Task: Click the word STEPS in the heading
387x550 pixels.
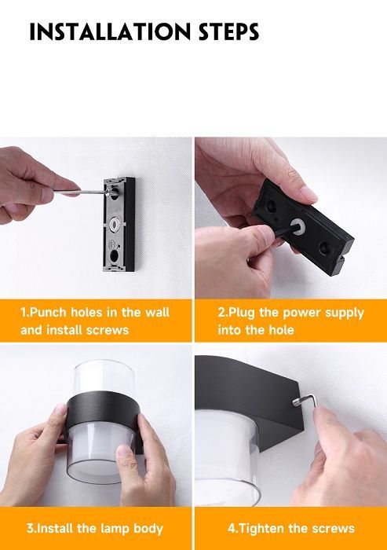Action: pos(229,32)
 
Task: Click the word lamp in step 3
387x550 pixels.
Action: pos(115,529)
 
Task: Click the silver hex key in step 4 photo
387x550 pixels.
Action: pos(305,401)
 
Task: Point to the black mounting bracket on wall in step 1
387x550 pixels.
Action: pos(119,225)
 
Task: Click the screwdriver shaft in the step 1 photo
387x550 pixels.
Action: pos(81,192)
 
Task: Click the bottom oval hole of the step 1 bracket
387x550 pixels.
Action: pos(115,255)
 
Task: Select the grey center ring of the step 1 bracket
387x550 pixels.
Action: pos(115,223)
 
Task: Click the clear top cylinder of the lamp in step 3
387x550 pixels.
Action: pos(104,377)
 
